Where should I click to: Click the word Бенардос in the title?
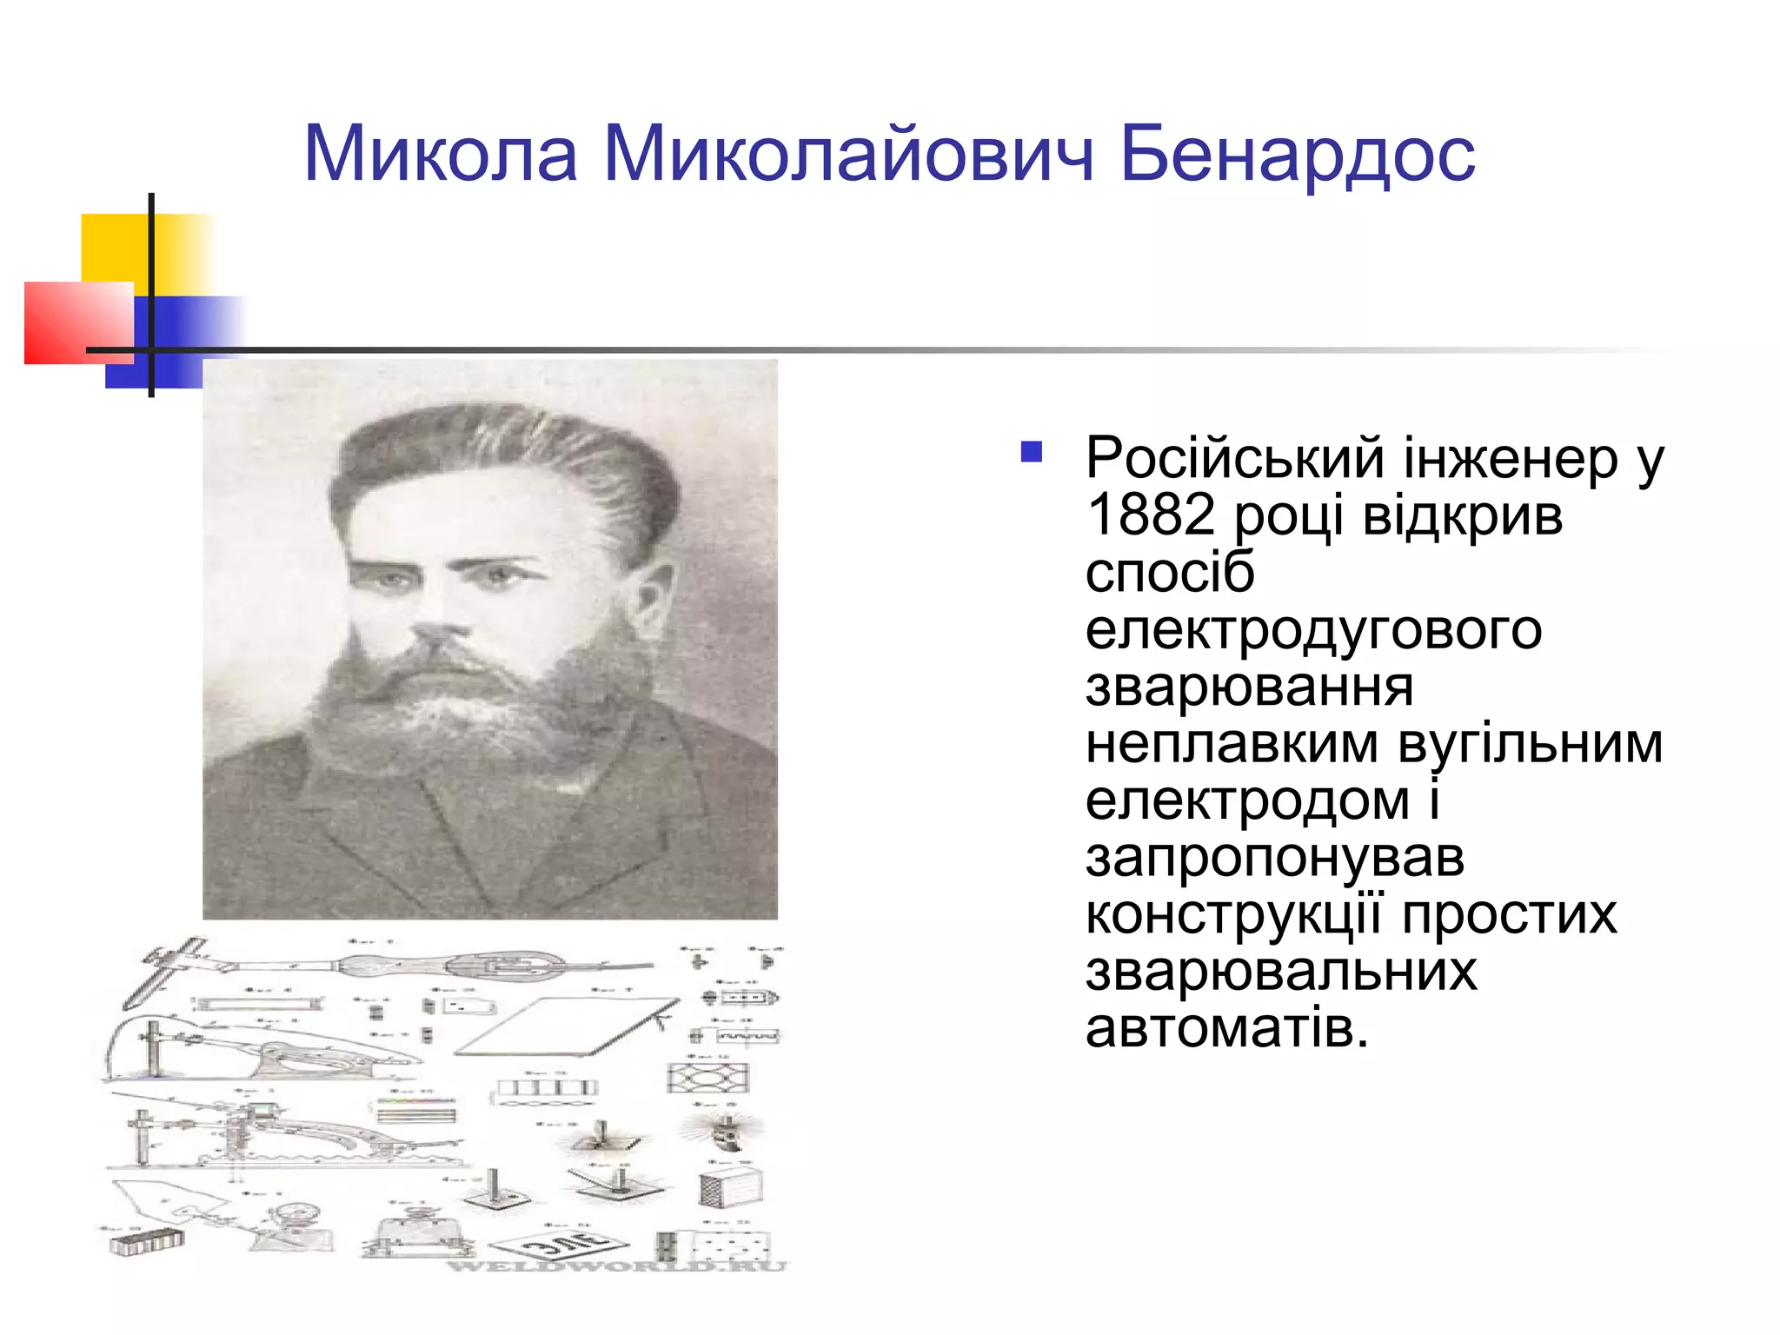coord(1297,155)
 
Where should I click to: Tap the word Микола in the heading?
coord(441,155)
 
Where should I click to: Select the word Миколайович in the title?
coord(847,155)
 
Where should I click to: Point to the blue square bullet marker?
coord(1031,451)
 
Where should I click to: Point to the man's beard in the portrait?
coord(469,713)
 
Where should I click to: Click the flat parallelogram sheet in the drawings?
coord(565,1026)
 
